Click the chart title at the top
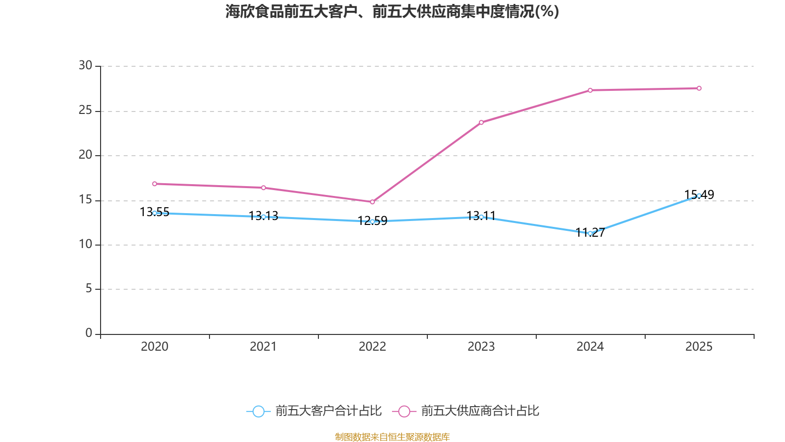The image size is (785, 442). [392, 12]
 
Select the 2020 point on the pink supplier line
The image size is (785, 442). [155, 184]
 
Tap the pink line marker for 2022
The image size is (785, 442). [372, 202]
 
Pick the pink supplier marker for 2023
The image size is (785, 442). [481, 122]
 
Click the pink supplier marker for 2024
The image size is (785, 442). [590, 90]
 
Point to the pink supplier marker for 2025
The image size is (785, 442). [699, 88]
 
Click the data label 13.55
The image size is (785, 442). [155, 212]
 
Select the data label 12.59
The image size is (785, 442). [372, 221]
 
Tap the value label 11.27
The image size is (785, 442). [590, 232]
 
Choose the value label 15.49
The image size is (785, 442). [699, 194]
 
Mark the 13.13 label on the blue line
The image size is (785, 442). [263, 216]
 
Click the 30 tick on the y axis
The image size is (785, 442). [85, 65]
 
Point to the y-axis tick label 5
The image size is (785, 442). [89, 289]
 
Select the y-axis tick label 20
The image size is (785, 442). [85, 155]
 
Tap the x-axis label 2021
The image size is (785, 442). [263, 347]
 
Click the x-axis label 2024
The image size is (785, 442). [590, 347]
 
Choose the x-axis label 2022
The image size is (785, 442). [372, 347]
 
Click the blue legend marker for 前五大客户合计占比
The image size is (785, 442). [259, 411]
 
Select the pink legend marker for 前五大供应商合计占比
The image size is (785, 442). [404, 411]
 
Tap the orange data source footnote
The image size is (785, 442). [392, 437]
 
